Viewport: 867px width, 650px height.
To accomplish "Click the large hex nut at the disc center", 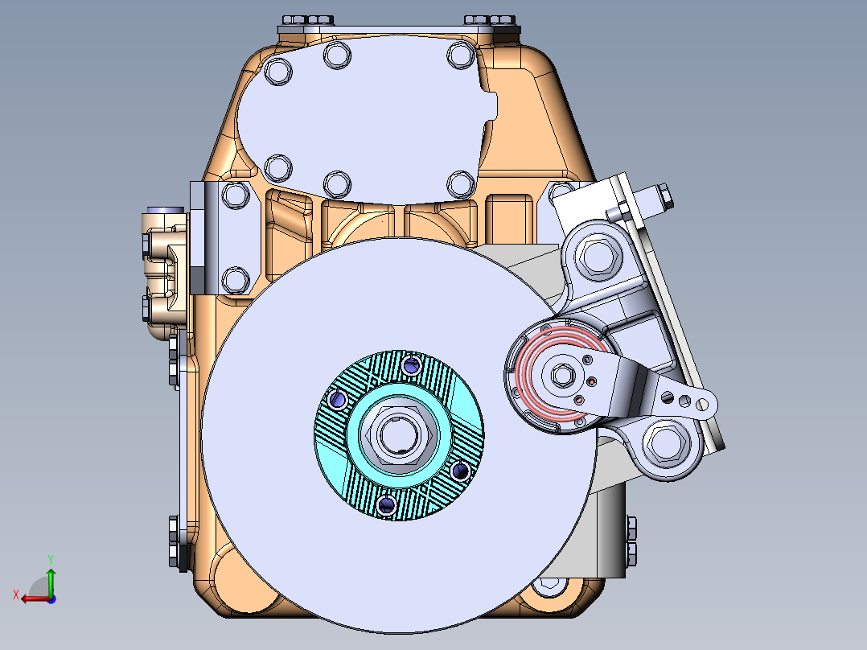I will point(399,435).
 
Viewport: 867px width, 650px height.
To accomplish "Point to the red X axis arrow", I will point(31,598).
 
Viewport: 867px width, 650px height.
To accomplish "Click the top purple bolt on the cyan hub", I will point(412,366).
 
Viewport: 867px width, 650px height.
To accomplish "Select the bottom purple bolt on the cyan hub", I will point(386,504).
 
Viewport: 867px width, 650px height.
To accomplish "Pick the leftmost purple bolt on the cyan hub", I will point(336,399).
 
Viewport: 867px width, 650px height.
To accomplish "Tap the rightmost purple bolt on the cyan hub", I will point(462,471).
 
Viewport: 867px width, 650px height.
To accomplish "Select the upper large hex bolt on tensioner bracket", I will point(597,257).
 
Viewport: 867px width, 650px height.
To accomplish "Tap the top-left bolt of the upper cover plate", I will point(277,71).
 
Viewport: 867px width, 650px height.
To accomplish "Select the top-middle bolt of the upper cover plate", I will point(336,56).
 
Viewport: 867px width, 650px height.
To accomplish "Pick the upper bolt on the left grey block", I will point(235,195).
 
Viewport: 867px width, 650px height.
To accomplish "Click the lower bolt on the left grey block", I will point(235,279).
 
